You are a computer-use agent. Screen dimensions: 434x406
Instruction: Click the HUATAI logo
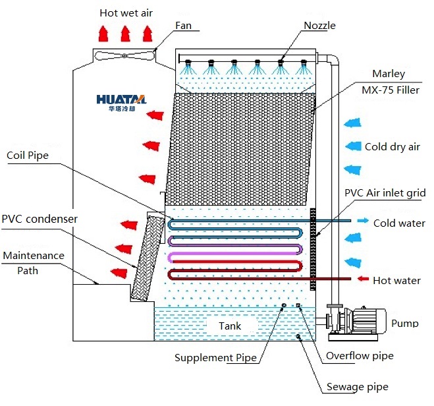pyautogui.click(x=121, y=103)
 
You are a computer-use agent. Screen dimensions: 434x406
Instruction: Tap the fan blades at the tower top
pyautogui.click(x=124, y=55)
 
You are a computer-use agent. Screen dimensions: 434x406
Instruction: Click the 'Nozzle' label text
pyautogui.click(x=319, y=26)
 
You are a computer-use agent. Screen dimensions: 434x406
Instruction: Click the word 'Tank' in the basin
pyautogui.click(x=230, y=326)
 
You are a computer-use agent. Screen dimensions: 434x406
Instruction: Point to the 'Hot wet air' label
pyautogui.click(x=126, y=13)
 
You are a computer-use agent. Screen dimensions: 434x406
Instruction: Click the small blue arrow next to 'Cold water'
pyautogui.click(x=363, y=220)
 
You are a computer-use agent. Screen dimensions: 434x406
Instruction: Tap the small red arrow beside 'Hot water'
pyautogui.click(x=363, y=279)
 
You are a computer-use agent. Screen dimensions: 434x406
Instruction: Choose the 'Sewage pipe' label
pyautogui.click(x=358, y=387)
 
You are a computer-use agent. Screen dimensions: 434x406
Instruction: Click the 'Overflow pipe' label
pyautogui.click(x=360, y=356)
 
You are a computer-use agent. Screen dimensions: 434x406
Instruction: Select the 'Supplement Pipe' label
pyautogui.click(x=215, y=357)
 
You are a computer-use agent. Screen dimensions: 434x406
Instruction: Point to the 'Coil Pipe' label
pyautogui.click(x=28, y=156)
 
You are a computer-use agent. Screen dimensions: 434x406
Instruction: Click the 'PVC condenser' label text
pyautogui.click(x=40, y=219)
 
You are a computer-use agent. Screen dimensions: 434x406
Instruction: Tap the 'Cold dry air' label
pyautogui.click(x=393, y=147)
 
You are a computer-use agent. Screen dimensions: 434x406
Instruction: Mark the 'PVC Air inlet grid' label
pyautogui.click(x=385, y=192)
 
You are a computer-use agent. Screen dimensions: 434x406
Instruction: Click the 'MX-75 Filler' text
pyautogui.click(x=391, y=90)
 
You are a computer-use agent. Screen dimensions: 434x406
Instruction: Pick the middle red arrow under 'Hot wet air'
pyautogui.click(x=125, y=34)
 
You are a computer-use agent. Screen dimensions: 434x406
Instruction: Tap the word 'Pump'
pyautogui.click(x=404, y=323)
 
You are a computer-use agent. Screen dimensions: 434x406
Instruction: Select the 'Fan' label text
pyautogui.click(x=183, y=26)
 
